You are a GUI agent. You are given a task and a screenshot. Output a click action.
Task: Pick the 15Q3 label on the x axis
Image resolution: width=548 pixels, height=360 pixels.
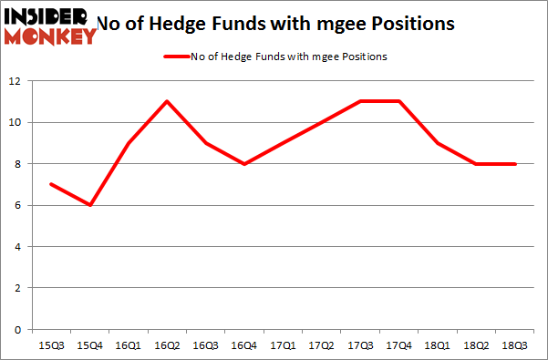(50, 345)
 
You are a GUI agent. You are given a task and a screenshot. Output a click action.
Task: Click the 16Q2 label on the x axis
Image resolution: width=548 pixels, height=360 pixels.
(168, 345)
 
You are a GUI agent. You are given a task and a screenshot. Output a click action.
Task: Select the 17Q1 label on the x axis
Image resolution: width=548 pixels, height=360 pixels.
(284, 345)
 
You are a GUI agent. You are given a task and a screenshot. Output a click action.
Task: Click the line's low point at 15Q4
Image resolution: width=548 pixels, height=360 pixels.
(89, 205)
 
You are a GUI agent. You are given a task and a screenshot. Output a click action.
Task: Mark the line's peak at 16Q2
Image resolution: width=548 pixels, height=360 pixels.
(168, 101)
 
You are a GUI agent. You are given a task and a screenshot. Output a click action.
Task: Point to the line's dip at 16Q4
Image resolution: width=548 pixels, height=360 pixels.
(245, 164)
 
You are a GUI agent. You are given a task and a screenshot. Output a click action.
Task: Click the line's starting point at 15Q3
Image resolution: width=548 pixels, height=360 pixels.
(50, 184)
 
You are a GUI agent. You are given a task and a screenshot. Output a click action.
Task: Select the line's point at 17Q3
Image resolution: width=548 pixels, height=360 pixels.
(361, 101)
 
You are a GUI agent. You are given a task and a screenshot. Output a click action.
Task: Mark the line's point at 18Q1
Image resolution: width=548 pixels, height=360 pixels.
(439, 143)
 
